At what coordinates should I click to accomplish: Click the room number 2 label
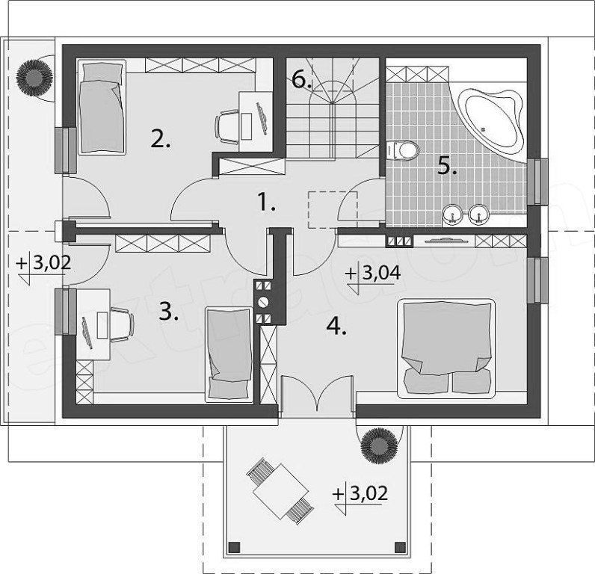[x=161, y=139]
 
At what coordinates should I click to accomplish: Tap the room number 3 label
[x=168, y=312]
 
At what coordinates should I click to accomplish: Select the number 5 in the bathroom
[x=447, y=166]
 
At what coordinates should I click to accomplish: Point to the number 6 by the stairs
[x=301, y=80]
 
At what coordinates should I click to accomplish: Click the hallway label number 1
[x=266, y=202]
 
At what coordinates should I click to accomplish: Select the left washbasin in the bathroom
[x=452, y=215]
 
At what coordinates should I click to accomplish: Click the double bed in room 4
[x=446, y=348]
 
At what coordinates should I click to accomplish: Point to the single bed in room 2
[x=102, y=107]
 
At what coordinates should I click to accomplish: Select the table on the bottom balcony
[x=281, y=490]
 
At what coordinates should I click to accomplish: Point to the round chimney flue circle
[x=263, y=303]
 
